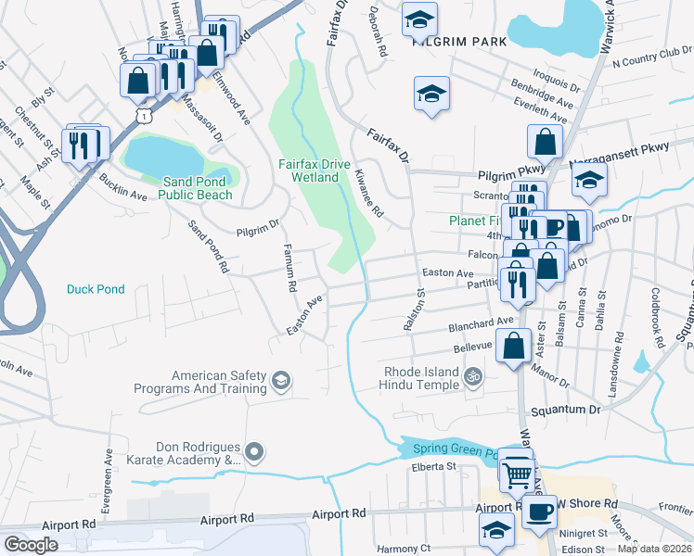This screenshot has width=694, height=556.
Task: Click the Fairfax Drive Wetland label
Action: pos(315,171)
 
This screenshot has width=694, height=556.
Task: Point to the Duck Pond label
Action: pos(96,289)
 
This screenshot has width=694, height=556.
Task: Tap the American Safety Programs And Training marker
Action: pos(280,380)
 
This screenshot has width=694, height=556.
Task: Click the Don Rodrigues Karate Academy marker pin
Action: pos(257,452)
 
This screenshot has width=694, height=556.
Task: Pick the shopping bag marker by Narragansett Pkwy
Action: pos(545,141)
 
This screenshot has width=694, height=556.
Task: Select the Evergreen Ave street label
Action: pos(109,473)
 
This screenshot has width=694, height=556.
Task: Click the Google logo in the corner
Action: pos(31,545)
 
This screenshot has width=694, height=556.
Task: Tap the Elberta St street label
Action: pos(435,467)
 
